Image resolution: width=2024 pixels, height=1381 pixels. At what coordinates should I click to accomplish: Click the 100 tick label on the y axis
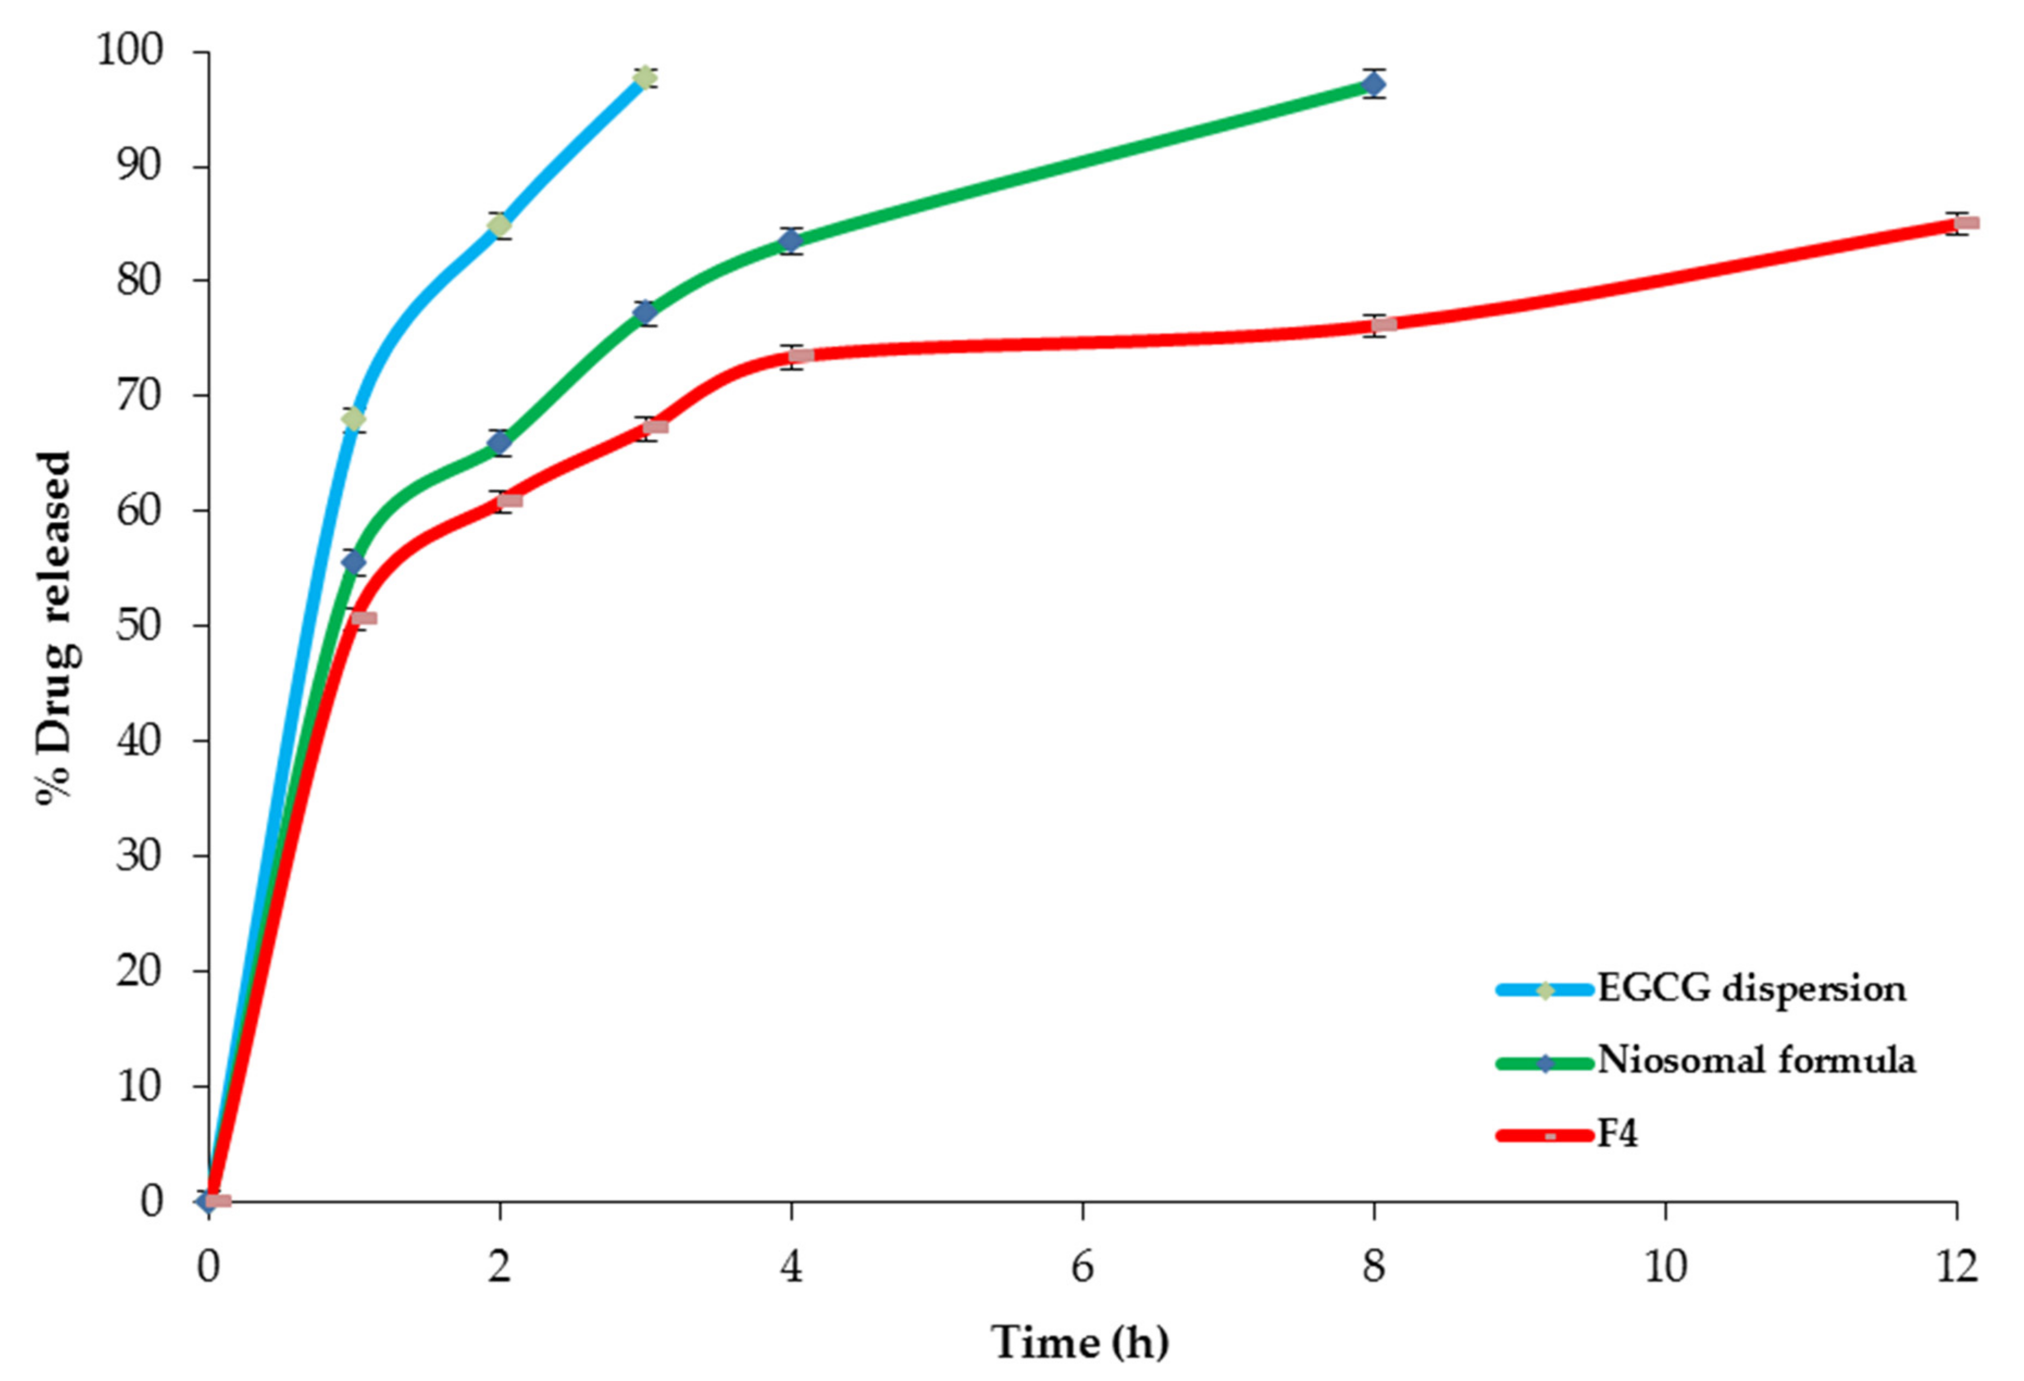[x=130, y=52]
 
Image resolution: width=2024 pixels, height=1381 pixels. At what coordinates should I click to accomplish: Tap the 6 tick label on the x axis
[x=1082, y=1267]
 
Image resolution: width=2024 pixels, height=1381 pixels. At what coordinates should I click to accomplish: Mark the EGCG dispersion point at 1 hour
[x=353, y=420]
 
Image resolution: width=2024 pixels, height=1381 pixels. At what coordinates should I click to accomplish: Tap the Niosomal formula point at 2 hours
[x=499, y=442]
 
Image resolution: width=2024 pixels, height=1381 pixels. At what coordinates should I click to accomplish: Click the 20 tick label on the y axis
[x=139, y=971]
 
